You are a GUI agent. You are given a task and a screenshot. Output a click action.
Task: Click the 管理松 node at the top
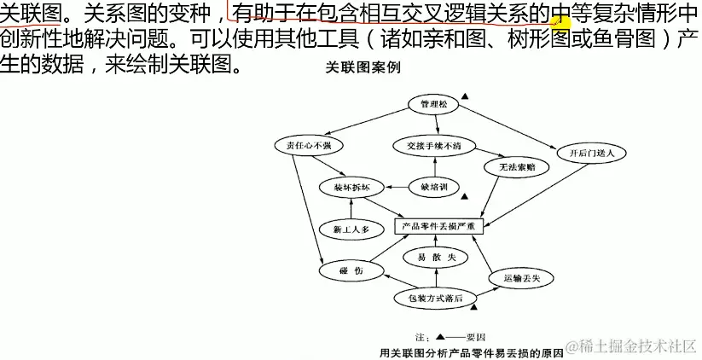coord(433,104)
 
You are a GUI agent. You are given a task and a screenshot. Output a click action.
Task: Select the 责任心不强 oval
coord(309,146)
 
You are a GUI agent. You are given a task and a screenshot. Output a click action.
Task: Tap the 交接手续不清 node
coord(434,146)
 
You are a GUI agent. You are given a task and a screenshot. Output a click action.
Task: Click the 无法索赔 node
coord(511,167)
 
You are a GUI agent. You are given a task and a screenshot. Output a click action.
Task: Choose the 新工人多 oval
coord(349,229)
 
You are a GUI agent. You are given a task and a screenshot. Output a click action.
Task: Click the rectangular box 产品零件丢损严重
coord(439,226)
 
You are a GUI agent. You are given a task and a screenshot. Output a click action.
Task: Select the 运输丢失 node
coord(521,278)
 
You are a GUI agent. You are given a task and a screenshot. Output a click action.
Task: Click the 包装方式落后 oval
coord(435,298)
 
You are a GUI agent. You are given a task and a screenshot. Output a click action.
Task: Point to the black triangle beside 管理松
coord(465,97)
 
